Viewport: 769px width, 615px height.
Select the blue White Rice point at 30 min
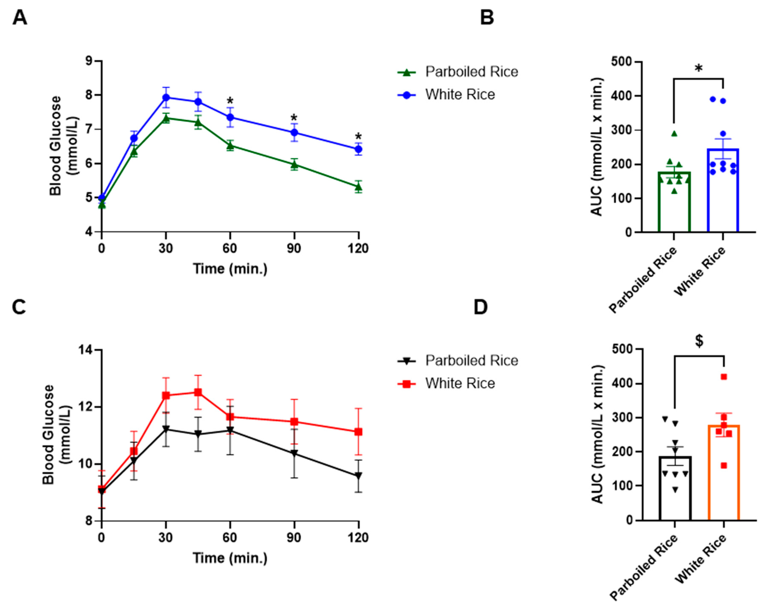[x=166, y=97]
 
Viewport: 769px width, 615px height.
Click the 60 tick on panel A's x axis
[x=230, y=248]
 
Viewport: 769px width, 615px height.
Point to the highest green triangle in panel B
[x=674, y=134]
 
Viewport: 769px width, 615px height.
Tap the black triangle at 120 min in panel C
[x=358, y=476]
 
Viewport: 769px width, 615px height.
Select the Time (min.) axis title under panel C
[x=230, y=558]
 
